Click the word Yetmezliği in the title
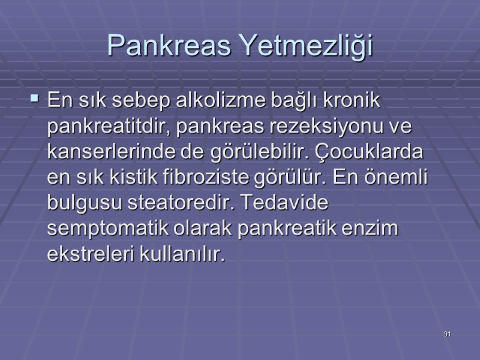click(305, 46)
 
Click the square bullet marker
click(34, 96)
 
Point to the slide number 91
click(447, 334)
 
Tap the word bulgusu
click(85, 204)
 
